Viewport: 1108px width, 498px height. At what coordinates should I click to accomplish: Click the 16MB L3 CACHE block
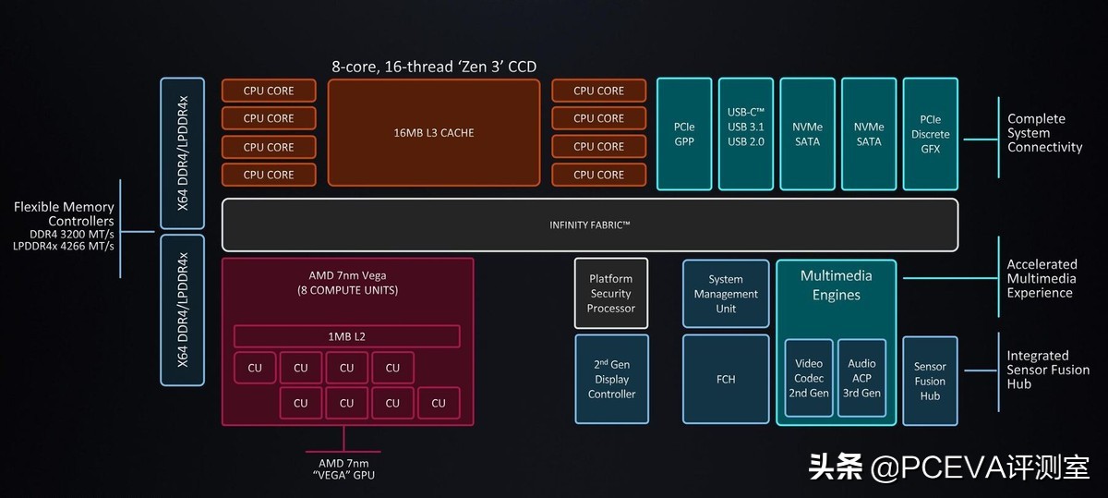tap(433, 132)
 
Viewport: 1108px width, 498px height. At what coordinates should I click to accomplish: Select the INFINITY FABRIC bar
tap(589, 225)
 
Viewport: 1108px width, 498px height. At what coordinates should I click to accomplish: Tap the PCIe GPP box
tap(684, 134)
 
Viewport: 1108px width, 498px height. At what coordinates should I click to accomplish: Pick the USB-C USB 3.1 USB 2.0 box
tap(745, 134)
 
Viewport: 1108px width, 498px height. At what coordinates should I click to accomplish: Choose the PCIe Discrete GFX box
tap(930, 134)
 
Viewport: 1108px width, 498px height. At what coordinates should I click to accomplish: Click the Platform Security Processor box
tap(611, 293)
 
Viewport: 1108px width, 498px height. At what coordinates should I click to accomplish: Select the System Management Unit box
tap(726, 294)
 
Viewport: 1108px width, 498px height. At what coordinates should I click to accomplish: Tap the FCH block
tap(726, 379)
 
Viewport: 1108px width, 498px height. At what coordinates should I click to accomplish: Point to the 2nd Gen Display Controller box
tap(611, 379)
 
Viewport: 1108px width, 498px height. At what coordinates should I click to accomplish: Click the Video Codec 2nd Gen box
tap(809, 378)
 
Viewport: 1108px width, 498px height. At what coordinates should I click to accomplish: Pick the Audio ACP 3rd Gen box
tap(861, 378)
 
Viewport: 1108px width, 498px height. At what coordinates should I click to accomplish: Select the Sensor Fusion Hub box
tap(930, 381)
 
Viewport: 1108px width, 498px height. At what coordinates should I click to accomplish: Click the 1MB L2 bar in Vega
tap(346, 336)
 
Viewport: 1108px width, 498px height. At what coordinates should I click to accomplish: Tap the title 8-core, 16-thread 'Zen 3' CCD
tap(434, 67)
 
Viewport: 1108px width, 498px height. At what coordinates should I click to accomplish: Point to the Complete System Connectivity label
tap(1044, 133)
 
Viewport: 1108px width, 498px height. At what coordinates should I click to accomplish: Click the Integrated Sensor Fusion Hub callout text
tap(1048, 370)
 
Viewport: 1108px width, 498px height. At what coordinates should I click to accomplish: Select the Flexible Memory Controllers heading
tap(64, 214)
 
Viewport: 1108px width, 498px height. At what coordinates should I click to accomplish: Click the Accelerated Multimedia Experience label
tap(1042, 278)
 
